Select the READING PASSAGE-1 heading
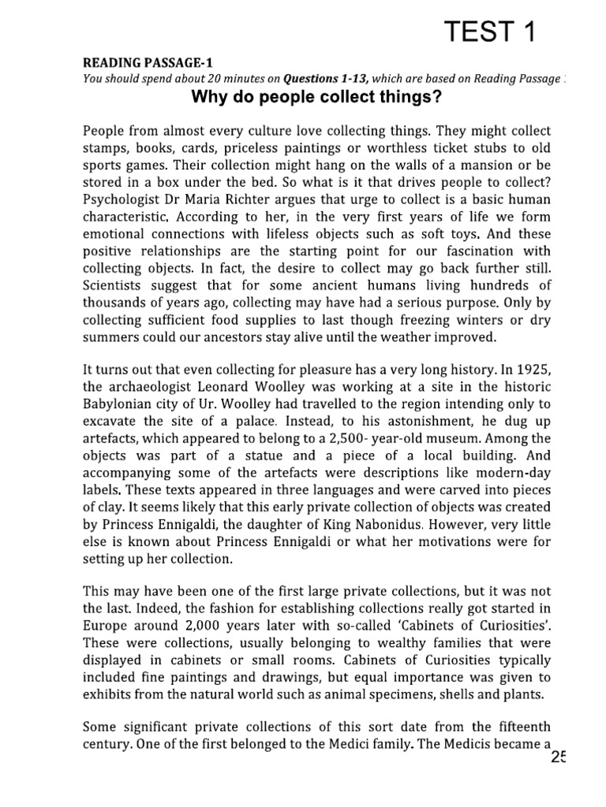148,63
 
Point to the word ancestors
238,337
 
